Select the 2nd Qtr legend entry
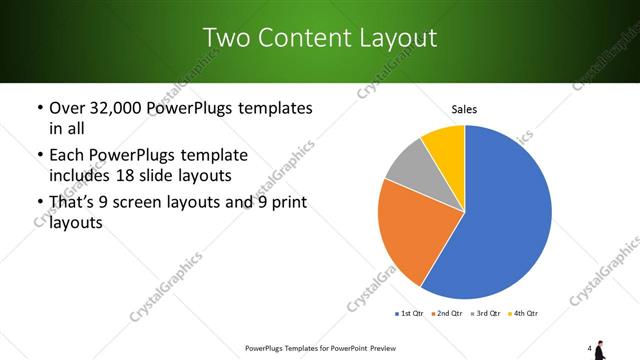(446, 314)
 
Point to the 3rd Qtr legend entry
(485, 314)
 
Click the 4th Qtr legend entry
(524, 314)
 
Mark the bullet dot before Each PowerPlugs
(39, 156)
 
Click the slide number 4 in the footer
(590, 348)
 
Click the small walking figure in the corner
(600, 349)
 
